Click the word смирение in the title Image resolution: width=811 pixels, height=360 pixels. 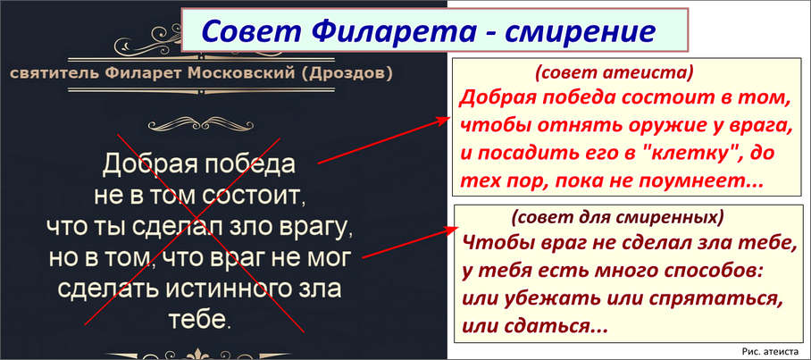click(580, 31)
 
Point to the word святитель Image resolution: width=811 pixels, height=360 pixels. click(54, 74)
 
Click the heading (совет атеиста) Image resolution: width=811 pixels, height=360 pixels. click(614, 74)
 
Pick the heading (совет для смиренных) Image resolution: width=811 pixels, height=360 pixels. click(616, 218)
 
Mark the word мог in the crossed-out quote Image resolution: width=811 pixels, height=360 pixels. click(331, 259)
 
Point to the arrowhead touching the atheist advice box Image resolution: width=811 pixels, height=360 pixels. click(442, 121)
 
